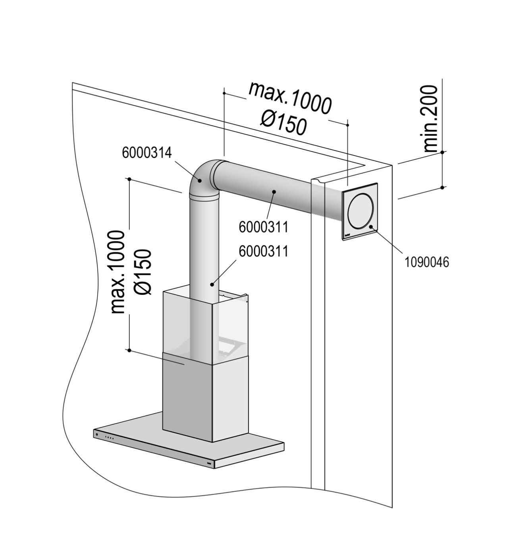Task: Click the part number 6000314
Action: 147,153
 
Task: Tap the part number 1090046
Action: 426,262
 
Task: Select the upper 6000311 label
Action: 264,227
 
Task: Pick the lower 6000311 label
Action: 264,251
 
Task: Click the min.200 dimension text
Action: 429,119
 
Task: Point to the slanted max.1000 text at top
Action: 290,98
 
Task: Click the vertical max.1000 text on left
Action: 118,272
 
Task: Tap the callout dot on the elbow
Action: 200,180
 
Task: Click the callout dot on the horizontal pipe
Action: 274,191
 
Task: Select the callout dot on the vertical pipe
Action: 212,284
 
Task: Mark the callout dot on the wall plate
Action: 370,226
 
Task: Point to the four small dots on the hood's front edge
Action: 109,438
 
